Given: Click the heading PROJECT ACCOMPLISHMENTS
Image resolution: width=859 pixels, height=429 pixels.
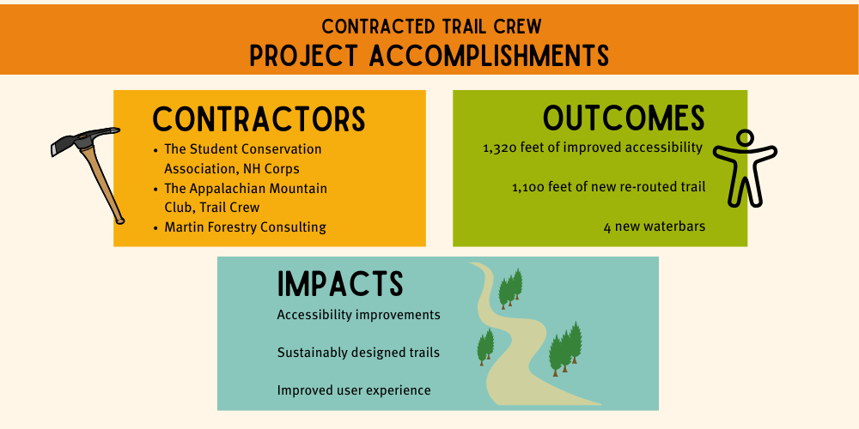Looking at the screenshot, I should click(x=429, y=55).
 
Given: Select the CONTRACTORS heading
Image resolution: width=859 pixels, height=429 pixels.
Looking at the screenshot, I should click(x=259, y=119).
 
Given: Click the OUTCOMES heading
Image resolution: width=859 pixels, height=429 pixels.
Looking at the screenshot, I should click(x=624, y=118).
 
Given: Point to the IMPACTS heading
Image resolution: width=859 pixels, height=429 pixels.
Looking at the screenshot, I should click(x=340, y=284).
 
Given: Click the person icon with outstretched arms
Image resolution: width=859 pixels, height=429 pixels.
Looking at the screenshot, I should click(x=745, y=167).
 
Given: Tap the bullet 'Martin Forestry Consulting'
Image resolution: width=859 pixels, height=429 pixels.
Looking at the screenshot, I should click(x=245, y=227).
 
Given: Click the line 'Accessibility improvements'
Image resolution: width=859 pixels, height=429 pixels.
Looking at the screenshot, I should click(x=358, y=315).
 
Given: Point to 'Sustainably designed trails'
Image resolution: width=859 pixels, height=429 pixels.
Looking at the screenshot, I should click(x=358, y=353).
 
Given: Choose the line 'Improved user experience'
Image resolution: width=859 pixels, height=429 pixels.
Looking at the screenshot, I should click(x=353, y=390).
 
